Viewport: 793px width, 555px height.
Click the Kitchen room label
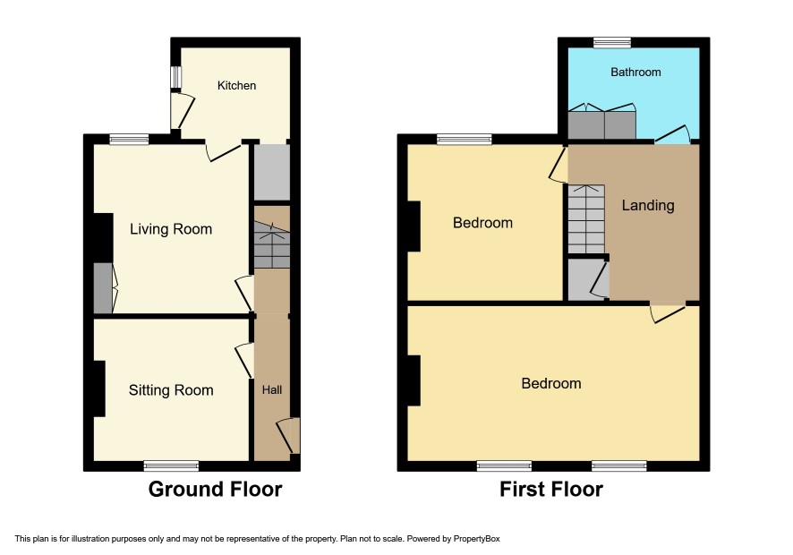tap(236, 86)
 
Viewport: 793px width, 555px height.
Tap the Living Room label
tap(171, 229)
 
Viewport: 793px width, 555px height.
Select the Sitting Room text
tap(171, 390)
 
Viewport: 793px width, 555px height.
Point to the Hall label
tap(272, 389)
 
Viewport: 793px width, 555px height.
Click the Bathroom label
tap(635, 72)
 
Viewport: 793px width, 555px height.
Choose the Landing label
tap(648, 205)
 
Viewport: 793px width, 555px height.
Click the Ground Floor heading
tap(216, 490)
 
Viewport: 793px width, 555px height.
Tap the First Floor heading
tap(551, 490)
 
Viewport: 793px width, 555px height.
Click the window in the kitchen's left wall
tap(175, 77)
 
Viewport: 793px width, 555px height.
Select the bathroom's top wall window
tap(612, 42)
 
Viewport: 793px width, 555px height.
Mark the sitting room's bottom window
tap(172, 466)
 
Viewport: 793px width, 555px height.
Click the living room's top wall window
tap(130, 139)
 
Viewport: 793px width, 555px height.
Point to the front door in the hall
tap(290, 436)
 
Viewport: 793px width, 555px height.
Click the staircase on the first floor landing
tap(586, 219)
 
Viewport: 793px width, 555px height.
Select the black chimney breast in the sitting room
tap(99, 388)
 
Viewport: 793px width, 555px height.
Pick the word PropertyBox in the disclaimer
tap(476, 539)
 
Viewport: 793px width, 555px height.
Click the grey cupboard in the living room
tap(103, 288)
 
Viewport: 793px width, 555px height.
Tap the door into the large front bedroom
tap(668, 312)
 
